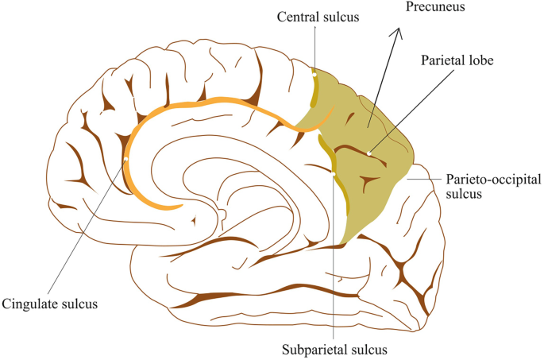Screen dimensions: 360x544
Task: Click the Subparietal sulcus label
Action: point(334,348)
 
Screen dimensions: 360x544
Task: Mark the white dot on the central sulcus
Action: point(314,75)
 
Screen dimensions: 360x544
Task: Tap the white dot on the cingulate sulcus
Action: point(126,159)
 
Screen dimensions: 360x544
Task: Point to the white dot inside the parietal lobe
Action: point(370,153)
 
